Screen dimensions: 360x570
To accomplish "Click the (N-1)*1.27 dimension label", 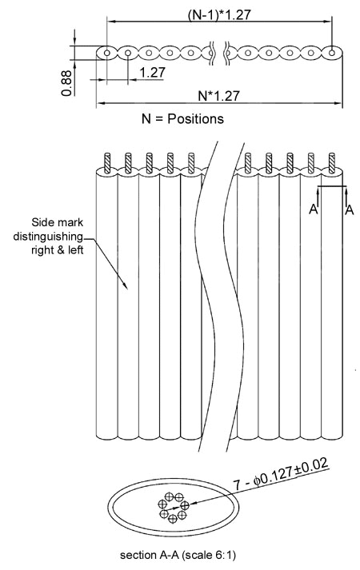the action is (219, 14).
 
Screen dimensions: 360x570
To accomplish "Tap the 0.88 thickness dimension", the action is (66, 83).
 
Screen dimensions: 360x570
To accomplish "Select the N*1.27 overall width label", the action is (219, 96).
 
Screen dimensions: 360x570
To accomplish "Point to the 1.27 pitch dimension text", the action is (152, 72).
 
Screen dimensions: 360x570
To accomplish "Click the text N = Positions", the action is (182, 119).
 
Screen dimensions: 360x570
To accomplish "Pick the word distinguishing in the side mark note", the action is (48, 237).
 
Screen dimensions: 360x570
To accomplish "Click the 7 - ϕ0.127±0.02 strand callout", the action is (281, 473).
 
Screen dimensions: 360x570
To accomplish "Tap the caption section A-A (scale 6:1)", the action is (178, 555).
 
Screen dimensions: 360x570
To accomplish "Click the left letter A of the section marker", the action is (314, 209).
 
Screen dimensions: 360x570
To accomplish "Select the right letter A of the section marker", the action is (350, 209).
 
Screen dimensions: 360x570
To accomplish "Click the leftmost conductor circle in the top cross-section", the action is (107, 53).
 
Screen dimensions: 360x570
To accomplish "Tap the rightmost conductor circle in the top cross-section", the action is (332, 53).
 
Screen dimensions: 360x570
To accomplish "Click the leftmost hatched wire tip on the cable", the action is (107, 163).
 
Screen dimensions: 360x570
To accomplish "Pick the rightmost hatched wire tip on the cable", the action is (332, 163).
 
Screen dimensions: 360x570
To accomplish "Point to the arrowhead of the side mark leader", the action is (125, 285).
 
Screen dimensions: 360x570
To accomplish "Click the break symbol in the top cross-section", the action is (220, 54).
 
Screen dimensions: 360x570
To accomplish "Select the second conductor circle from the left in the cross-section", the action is (128, 53).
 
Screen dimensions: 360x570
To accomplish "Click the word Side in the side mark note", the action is (40, 222).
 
